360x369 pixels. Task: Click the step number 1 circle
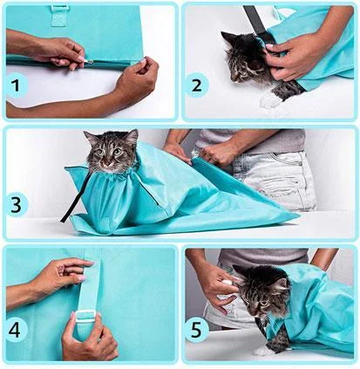pyautogui.click(x=17, y=85)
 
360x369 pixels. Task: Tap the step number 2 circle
pyautogui.click(x=197, y=85)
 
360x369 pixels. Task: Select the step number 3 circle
pyautogui.click(x=17, y=205)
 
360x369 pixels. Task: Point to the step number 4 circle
pyautogui.click(x=17, y=330)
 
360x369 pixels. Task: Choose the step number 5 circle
pyautogui.click(x=197, y=330)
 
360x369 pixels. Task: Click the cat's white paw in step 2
pyautogui.click(x=271, y=100)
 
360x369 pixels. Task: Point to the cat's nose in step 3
pyautogui.click(x=108, y=164)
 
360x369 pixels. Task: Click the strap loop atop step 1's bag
pyautogui.click(x=59, y=15)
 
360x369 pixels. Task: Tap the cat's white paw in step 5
pyautogui.click(x=264, y=352)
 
